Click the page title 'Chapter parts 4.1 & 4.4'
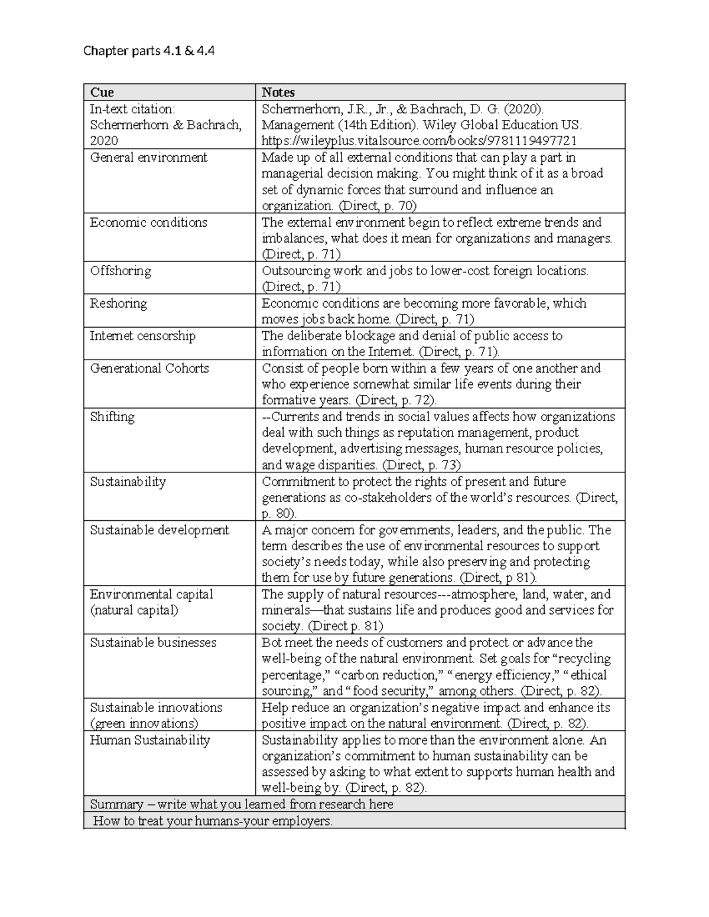click(149, 51)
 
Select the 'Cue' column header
click(102, 92)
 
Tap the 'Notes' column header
click(278, 92)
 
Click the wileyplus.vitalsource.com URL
click(419, 141)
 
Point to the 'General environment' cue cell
click(148, 158)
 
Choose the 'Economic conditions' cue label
click(148, 223)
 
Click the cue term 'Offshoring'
click(121, 271)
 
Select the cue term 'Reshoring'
click(118, 304)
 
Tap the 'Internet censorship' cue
click(142, 336)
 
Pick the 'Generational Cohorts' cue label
click(149, 368)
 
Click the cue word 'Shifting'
click(112, 417)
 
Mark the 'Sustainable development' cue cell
click(159, 530)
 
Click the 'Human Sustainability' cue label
click(150, 740)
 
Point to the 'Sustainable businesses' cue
click(153, 643)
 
